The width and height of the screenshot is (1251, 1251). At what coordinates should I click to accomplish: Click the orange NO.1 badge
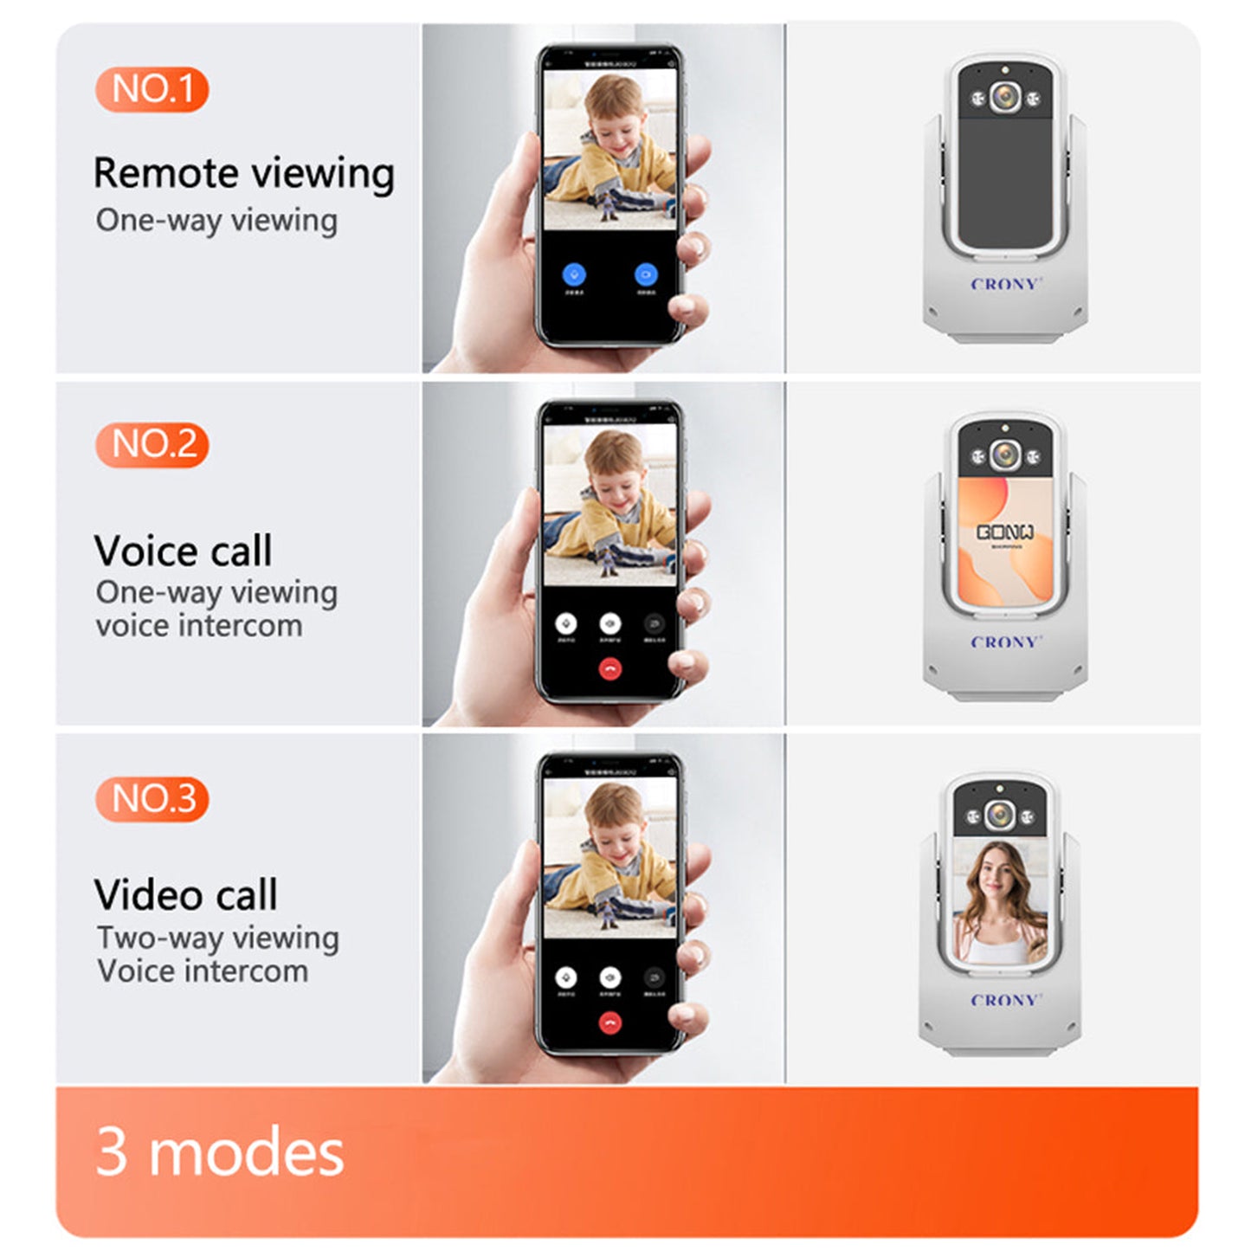pos(152,89)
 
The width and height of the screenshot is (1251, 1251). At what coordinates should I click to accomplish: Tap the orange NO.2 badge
pos(152,445)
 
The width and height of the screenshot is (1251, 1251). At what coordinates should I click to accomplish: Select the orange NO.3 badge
pos(152,798)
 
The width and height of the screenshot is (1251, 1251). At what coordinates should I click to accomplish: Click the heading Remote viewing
pos(243,173)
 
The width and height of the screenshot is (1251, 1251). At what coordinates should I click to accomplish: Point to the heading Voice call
pos(183,551)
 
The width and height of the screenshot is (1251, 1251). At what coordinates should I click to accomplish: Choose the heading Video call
pos(185,895)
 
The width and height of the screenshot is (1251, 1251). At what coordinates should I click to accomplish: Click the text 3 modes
pos(220,1152)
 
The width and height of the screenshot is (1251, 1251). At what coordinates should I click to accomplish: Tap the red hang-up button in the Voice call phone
pos(610,668)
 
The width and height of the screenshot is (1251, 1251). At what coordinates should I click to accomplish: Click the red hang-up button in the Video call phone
pos(610,1023)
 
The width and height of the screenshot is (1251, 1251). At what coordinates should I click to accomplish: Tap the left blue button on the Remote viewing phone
pos(574,274)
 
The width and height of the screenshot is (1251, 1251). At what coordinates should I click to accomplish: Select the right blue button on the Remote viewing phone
pos(646,274)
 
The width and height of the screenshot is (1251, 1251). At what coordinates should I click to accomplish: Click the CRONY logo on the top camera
pos(1005,284)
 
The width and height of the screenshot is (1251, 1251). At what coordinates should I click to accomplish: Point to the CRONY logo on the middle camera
pos(1005,642)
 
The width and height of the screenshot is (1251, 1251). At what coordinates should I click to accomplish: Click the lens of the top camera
pos(1004,97)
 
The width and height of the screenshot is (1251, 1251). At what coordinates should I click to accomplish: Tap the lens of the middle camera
pos(1004,455)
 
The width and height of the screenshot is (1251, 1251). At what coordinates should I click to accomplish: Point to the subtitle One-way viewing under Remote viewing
pos(216,220)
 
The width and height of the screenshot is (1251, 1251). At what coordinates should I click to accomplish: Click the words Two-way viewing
pos(217,938)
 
